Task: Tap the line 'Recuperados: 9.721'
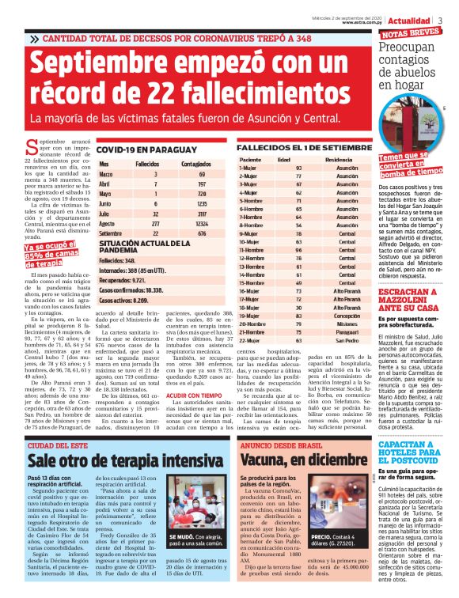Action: (x=122, y=279)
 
